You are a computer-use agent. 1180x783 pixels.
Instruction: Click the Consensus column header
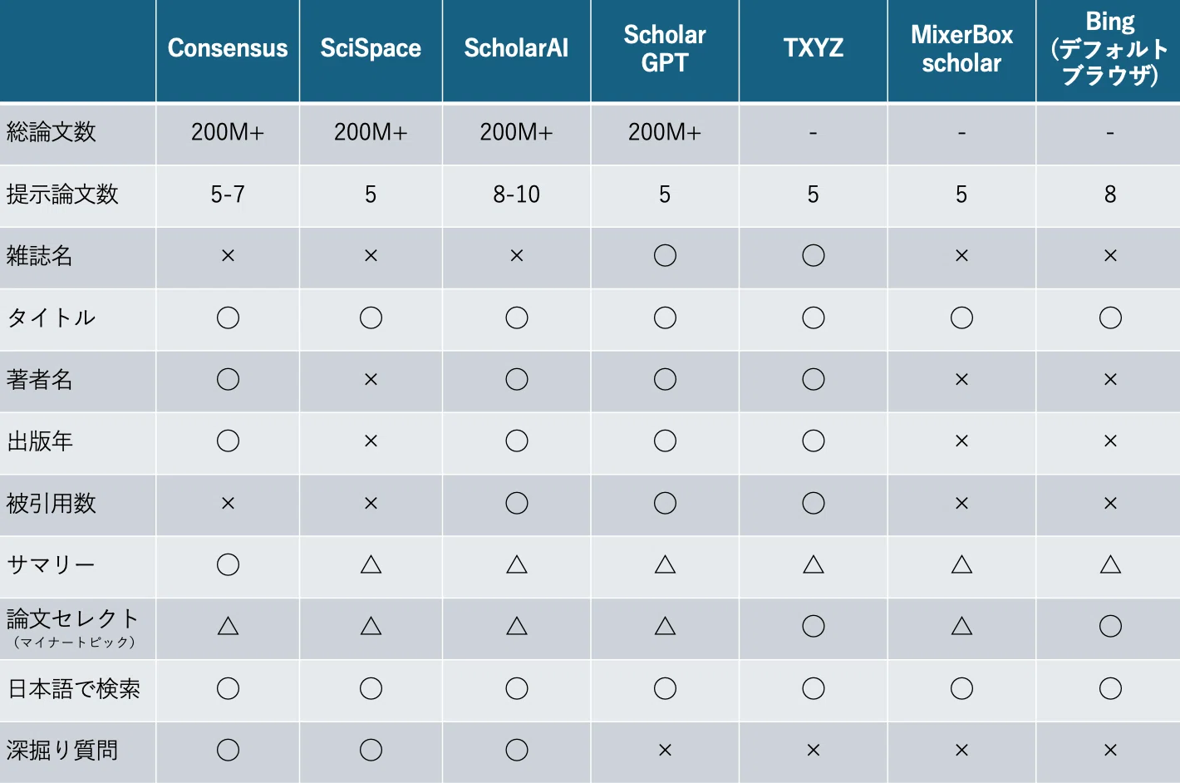coord(228,48)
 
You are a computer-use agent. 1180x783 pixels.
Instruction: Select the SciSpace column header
coord(371,48)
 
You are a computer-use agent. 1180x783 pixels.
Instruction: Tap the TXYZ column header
coord(813,48)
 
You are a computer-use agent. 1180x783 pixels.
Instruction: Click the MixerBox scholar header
coord(961,48)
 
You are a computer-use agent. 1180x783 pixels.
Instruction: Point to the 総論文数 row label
coord(51,131)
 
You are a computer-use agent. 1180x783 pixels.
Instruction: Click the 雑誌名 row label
coord(40,256)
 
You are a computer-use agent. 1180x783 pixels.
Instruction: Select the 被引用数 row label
coord(51,503)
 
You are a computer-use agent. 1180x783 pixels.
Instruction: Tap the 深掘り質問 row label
coord(62,750)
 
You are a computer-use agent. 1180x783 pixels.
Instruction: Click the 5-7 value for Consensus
coord(228,195)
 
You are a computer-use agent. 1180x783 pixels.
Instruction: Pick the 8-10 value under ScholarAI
coord(516,195)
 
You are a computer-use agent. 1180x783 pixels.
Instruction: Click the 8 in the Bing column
coord(1110,195)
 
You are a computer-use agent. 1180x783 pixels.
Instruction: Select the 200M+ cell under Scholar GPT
coord(664,132)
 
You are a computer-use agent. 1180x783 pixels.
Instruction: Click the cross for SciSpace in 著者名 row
coord(371,379)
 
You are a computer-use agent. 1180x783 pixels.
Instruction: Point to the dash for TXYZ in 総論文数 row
coord(813,133)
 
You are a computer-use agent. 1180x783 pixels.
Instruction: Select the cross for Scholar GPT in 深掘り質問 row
coord(665,750)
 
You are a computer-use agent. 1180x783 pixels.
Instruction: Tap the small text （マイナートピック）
coord(74,643)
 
